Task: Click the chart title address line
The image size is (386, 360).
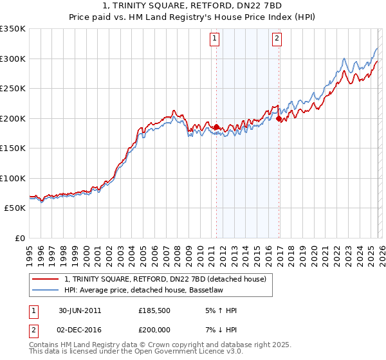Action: (193, 6)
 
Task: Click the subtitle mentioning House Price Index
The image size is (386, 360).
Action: (193, 17)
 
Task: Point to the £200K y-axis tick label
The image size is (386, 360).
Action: (13, 118)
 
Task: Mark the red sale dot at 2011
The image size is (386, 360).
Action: (216, 127)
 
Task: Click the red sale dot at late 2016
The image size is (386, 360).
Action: (279, 119)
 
